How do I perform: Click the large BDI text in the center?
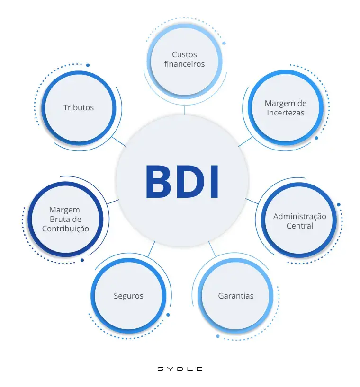pos(182,182)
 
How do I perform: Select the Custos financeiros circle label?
pos(184,59)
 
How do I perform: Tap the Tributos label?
pos(79,107)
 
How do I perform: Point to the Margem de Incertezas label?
pos(285,108)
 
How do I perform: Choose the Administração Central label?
pos(299,221)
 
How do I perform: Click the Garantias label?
pos(235,296)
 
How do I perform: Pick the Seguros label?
pos(128,296)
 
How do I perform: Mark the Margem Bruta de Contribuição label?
pos(65,219)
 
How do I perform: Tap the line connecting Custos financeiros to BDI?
pos(184,110)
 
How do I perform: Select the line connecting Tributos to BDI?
pos(119,141)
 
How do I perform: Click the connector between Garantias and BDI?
pos(212,249)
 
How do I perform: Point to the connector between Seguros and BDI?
pos(152,249)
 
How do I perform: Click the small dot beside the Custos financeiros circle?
pos(224,43)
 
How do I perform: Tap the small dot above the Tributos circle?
pos(88,65)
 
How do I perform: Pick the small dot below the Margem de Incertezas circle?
pos(316,138)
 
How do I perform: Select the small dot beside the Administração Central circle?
pos(339,205)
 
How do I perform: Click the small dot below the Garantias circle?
pos(218,336)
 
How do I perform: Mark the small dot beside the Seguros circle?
pos(168,314)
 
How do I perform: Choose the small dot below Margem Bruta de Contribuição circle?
pos(82,260)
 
